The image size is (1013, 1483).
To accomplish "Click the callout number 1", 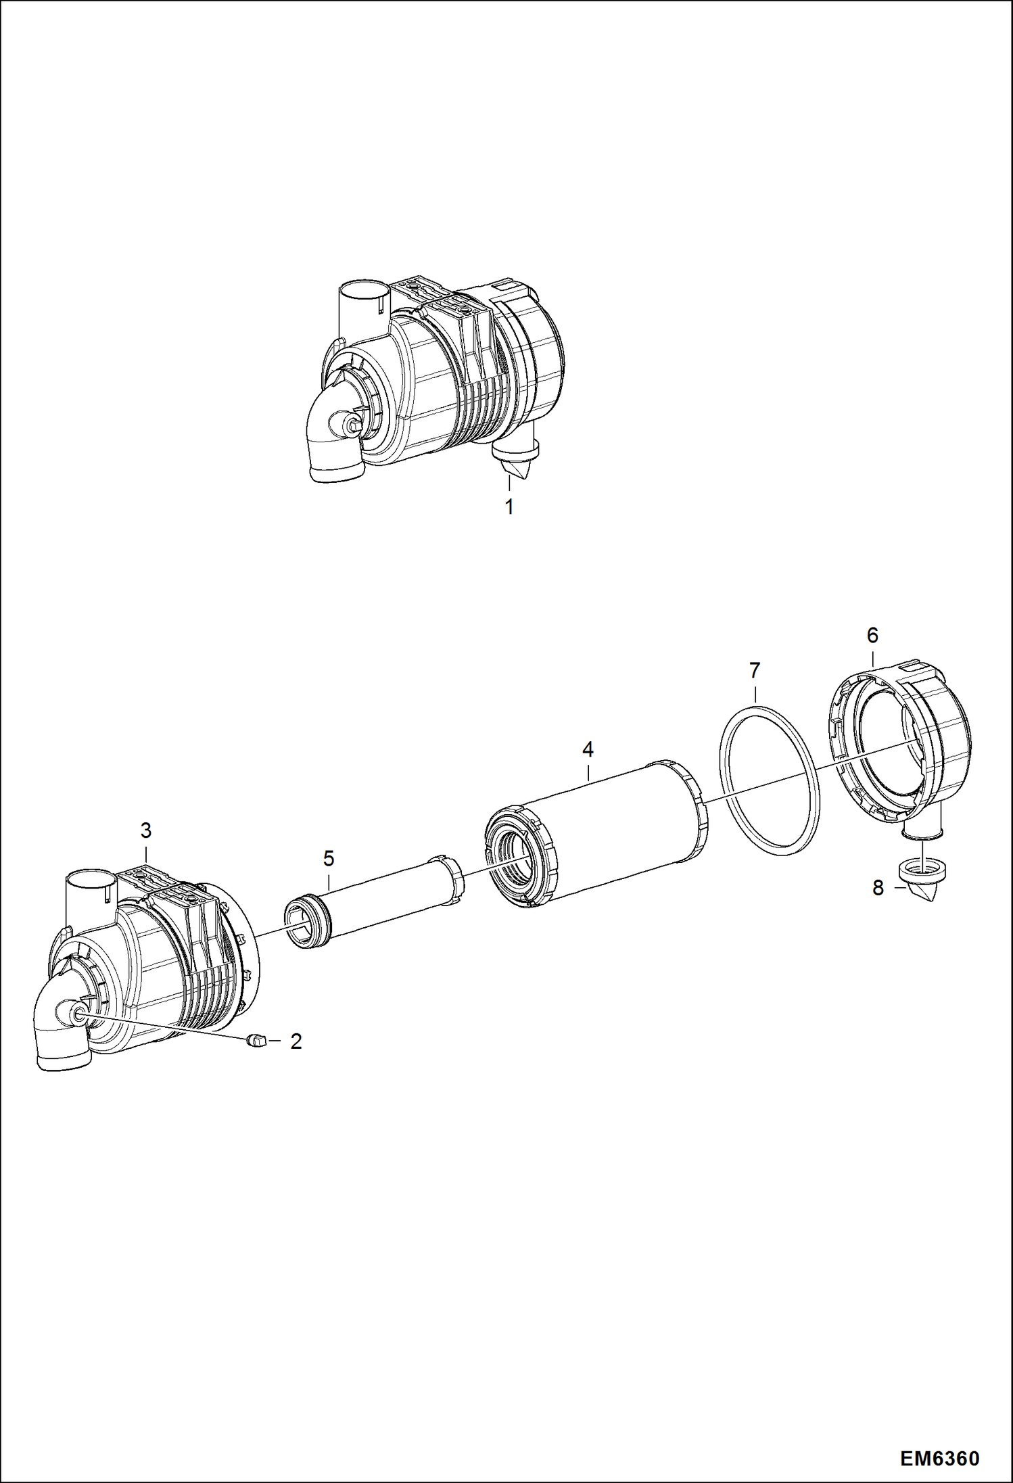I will click(x=509, y=507).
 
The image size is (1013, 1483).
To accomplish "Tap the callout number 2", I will click(x=296, y=1041).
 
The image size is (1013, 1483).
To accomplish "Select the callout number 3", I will click(x=145, y=830).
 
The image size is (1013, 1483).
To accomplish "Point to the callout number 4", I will click(x=588, y=749).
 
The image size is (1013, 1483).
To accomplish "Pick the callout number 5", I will click(x=329, y=859).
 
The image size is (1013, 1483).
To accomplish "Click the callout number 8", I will click(x=878, y=888).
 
